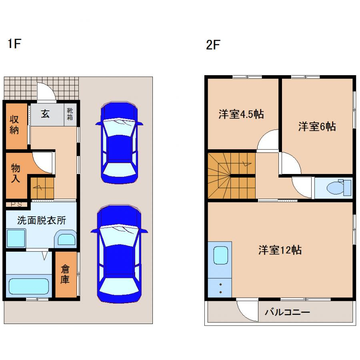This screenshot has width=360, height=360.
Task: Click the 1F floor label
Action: coord(14,44)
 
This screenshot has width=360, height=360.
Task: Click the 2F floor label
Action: coord(213,45)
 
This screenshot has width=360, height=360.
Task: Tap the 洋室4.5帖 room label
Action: coord(241,114)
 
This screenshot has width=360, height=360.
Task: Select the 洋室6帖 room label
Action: coord(317,127)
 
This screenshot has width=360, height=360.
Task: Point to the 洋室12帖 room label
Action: coord(280,250)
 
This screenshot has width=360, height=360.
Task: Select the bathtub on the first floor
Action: coord(29,286)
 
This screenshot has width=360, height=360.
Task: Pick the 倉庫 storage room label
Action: coord(65,274)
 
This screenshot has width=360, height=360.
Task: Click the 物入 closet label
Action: coord(15,173)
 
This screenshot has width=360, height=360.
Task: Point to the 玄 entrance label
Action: coord(45,114)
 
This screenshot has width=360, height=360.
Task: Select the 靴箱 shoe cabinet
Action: coord(70,114)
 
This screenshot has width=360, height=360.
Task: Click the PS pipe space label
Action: coord(16,204)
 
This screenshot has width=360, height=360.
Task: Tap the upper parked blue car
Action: coord(119,142)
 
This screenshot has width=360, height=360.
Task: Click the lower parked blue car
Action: coord(119,254)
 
